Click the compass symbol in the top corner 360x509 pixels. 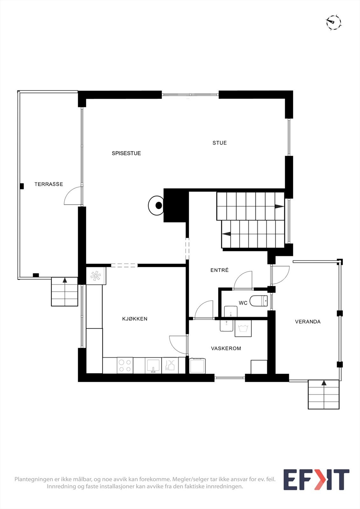[x=333, y=23]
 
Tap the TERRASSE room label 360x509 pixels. [x=49, y=184]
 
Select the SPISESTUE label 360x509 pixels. [x=126, y=153]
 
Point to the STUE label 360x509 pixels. [x=220, y=143]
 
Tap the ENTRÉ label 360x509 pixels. [x=219, y=270]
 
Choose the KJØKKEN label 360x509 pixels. [x=135, y=319]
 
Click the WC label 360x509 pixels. [x=243, y=303]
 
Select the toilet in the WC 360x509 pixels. [x=259, y=301]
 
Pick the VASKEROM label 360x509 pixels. [x=226, y=348]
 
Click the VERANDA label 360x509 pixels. [x=307, y=322]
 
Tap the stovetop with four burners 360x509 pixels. [x=125, y=365]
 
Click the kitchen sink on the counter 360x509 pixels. [x=153, y=365]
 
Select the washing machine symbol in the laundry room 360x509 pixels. [x=243, y=328]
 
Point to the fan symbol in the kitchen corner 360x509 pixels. [x=95, y=276]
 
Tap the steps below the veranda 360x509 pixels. [x=324, y=394]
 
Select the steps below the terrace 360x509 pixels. [x=65, y=292]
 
